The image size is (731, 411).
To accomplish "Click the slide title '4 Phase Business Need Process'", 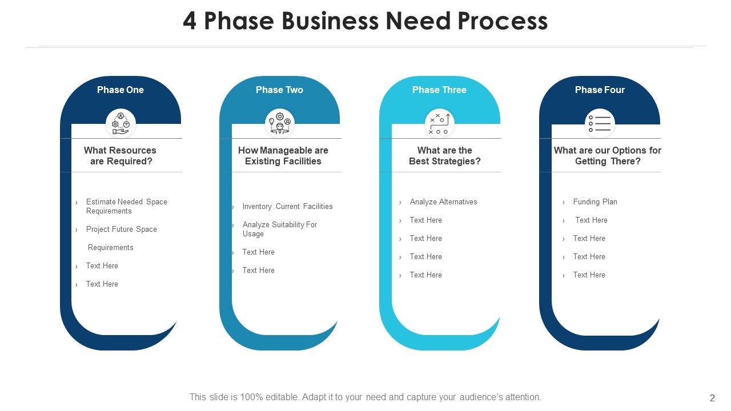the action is (x=365, y=22).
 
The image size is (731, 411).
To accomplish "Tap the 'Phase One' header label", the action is (x=120, y=90).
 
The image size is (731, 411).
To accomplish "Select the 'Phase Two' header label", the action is (x=279, y=90).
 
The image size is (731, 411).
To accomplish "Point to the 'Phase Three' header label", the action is (x=439, y=90).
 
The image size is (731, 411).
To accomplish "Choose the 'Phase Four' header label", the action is (x=600, y=90).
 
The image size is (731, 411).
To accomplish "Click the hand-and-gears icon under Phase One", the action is (x=121, y=123).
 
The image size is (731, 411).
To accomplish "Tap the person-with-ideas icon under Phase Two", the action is (x=280, y=123).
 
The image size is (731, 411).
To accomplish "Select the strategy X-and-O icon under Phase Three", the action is (x=439, y=123).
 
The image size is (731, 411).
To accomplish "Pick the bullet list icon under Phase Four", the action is (x=600, y=123).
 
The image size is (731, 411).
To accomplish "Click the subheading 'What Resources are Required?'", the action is (x=121, y=156).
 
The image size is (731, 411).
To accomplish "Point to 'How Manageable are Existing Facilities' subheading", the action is (x=283, y=156).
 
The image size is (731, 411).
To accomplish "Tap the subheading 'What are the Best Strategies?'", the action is (x=445, y=156).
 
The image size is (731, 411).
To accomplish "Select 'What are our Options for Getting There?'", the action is (x=608, y=156).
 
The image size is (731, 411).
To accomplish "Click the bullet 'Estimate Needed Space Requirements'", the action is (x=126, y=206).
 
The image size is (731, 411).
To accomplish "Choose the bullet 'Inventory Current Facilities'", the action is (x=287, y=206).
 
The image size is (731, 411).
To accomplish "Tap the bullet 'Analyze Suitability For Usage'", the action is (x=279, y=229).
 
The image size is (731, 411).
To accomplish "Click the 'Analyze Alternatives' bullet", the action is (x=443, y=202).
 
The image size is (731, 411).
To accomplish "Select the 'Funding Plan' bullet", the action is (x=595, y=202).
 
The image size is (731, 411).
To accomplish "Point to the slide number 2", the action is (x=712, y=398).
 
